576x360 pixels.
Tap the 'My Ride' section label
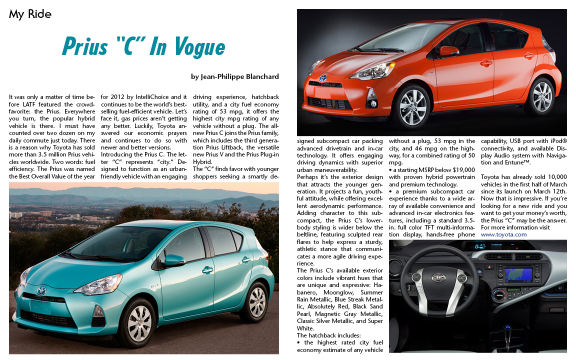[x=30, y=14]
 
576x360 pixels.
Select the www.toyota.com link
[x=503, y=234]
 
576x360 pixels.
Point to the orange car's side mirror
[x=448, y=51]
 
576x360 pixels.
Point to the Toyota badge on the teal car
[x=41, y=290]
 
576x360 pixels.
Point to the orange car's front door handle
[x=486, y=63]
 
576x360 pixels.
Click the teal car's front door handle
[x=206, y=270]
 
